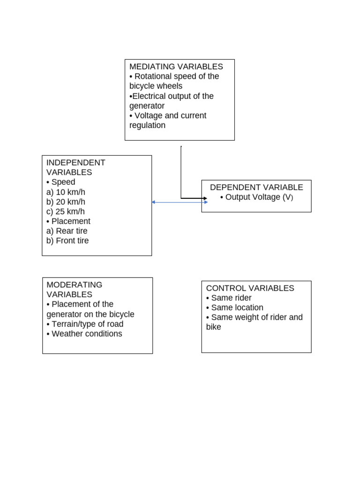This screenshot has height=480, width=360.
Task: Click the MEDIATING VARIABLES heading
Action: (x=176, y=67)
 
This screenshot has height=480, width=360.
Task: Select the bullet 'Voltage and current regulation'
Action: (x=168, y=120)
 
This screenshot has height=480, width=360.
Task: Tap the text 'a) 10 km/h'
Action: (x=66, y=192)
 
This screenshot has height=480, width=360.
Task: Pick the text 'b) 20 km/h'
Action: (x=66, y=202)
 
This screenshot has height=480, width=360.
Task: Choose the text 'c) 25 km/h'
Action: (x=66, y=211)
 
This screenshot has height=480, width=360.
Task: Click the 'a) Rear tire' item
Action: (x=67, y=231)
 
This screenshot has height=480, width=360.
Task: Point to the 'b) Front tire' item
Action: (x=67, y=240)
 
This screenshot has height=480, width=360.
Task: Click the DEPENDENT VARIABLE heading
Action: (x=256, y=187)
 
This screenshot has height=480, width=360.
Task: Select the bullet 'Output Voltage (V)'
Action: (x=256, y=197)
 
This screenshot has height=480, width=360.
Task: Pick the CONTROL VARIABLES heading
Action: (x=250, y=288)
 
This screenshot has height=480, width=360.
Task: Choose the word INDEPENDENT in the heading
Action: (x=75, y=162)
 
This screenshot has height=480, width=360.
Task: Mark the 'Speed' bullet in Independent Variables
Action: (x=61, y=182)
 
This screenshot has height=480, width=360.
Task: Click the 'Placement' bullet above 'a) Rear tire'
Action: (x=68, y=221)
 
